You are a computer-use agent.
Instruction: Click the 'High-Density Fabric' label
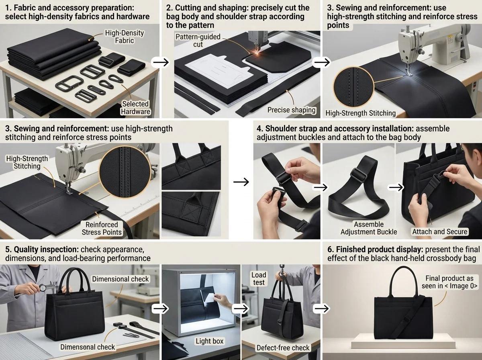pyautogui.click(x=124, y=37)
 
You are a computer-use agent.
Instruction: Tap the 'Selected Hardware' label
pyautogui.click(x=135, y=108)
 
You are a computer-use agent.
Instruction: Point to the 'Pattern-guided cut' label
pyautogui.click(x=198, y=41)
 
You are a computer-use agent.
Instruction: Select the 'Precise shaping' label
pyautogui.click(x=291, y=110)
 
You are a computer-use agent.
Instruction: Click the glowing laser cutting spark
pyautogui.click(x=256, y=53)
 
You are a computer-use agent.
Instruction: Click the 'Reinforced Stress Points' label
pyautogui.click(x=102, y=229)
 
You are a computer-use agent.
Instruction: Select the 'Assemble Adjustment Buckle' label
pyautogui.click(x=369, y=228)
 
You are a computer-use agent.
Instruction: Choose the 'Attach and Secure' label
pyautogui.click(x=439, y=231)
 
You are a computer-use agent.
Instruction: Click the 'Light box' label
pyautogui.click(x=210, y=341)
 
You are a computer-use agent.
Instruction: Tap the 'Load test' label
pyautogui.click(x=259, y=278)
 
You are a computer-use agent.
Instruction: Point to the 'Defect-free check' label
pyautogui.click(x=283, y=348)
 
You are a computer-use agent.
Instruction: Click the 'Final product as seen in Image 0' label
pyautogui.click(x=449, y=282)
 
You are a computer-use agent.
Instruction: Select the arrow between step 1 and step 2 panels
pyautogui.click(x=161, y=62)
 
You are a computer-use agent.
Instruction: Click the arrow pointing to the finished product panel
pyautogui.click(x=321, y=309)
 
